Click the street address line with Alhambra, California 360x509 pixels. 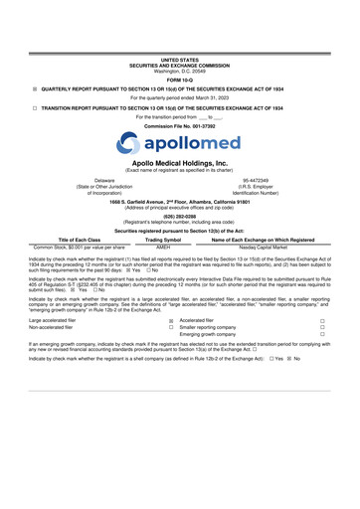(179, 201)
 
